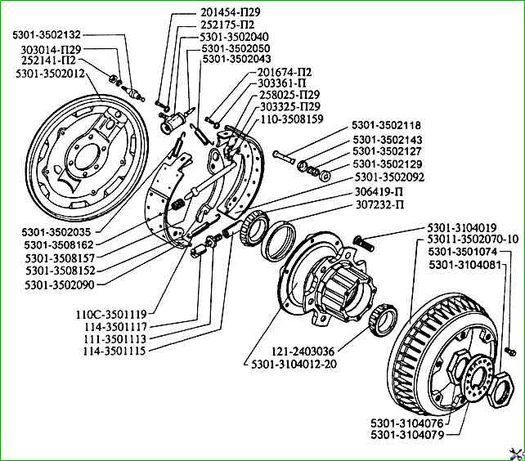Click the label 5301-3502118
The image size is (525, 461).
386,125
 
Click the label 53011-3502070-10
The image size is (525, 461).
473,239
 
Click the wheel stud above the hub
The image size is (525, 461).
364,241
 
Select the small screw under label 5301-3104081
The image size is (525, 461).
511,350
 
